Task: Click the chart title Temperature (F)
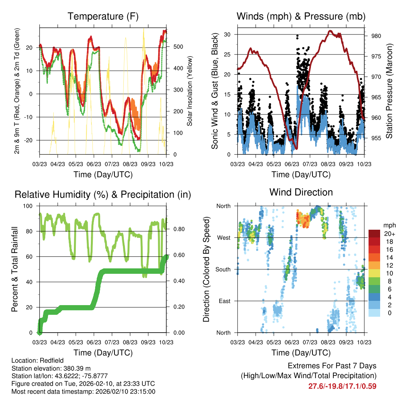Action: point(103,16)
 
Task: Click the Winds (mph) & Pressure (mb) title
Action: point(301,16)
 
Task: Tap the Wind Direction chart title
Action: point(301,192)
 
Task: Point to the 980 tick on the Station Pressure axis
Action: point(376,36)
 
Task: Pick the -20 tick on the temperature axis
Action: point(31,140)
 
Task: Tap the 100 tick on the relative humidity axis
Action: point(29,206)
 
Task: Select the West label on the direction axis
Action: point(224,237)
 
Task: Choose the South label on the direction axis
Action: point(223,269)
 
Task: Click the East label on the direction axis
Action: point(224,301)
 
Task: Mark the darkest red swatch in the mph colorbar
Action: point(375,234)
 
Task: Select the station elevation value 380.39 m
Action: point(77,368)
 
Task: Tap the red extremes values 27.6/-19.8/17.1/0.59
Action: point(342,386)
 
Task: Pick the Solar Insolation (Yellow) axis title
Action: point(190,90)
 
